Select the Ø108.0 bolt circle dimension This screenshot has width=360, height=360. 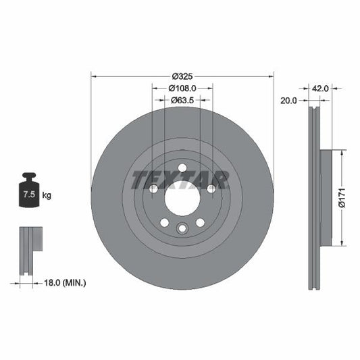pyautogui.click(x=182, y=88)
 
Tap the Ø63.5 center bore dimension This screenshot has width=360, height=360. pyautogui.click(x=182, y=100)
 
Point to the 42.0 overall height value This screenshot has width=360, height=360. pyautogui.click(x=319, y=88)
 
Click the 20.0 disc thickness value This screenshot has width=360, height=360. pyautogui.click(x=288, y=100)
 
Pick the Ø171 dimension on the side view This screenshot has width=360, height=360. pyautogui.click(x=342, y=198)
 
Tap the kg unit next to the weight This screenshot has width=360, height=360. pyautogui.click(x=47, y=195)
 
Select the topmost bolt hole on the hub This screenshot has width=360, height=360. pyautogui.click(x=182, y=168)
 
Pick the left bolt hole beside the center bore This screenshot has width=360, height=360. pyautogui.click(x=153, y=189)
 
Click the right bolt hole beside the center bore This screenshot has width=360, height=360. pyautogui.click(x=211, y=189)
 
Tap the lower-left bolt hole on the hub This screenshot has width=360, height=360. pyautogui.click(x=164, y=223)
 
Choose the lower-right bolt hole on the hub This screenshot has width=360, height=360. pyautogui.click(x=201, y=223)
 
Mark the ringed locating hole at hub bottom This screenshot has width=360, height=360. pyautogui.click(x=182, y=230)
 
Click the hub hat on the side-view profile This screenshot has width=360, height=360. pyautogui.click(x=327, y=198)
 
